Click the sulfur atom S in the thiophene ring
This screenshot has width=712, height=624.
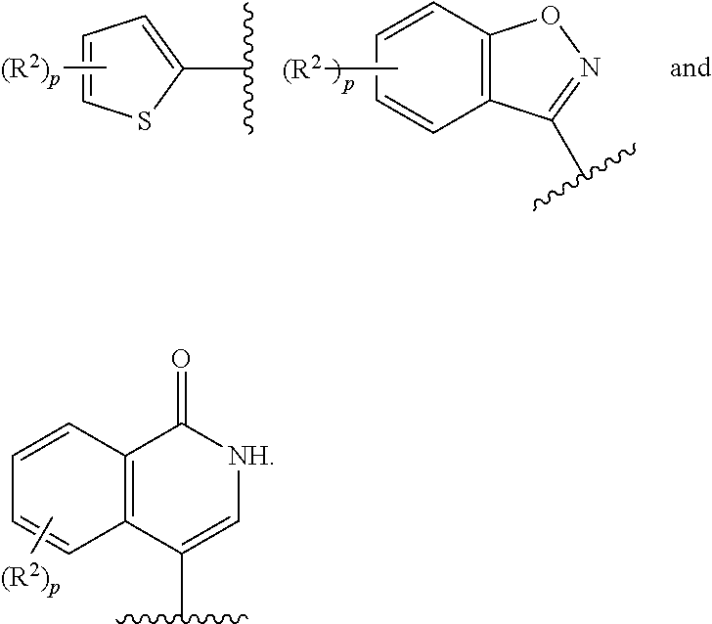pyautogui.click(x=145, y=121)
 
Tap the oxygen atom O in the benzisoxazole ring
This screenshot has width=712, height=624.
pyautogui.click(x=551, y=16)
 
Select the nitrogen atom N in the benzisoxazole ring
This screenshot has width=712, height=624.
pyautogui.click(x=591, y=67)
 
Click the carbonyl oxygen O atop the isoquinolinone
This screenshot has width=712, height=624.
pyautogui.click(x=181, y=359)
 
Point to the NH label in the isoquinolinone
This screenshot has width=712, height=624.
pyautogui.click(x=246, y=456)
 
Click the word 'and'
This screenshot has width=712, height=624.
pyautogui.click(x=690, y=67)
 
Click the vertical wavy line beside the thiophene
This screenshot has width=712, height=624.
pyautogui.click(x=248, y=68)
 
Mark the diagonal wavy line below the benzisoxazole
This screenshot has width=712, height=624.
pyautogui.click(x=584, y=177)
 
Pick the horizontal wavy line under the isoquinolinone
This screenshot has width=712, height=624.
pyautogui.click(x=182, y=618)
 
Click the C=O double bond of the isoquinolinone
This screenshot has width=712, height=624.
pyautogui.click(x=182, y=398)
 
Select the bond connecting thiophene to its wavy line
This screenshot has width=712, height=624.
pyautogui.click(x=216, y=69)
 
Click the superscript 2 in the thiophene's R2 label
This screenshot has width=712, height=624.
pyautogui.click(x=31, y=64)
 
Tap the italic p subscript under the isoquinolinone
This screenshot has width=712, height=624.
pyautogui.click(x=55, y=589)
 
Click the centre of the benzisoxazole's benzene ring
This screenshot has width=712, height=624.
pyautogui.click(x=433, y=67)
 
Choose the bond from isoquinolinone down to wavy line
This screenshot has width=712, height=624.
pyautogui.click(x=182, y=586)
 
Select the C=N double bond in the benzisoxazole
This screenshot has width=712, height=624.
pyautogui.click(x=565, y=99)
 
